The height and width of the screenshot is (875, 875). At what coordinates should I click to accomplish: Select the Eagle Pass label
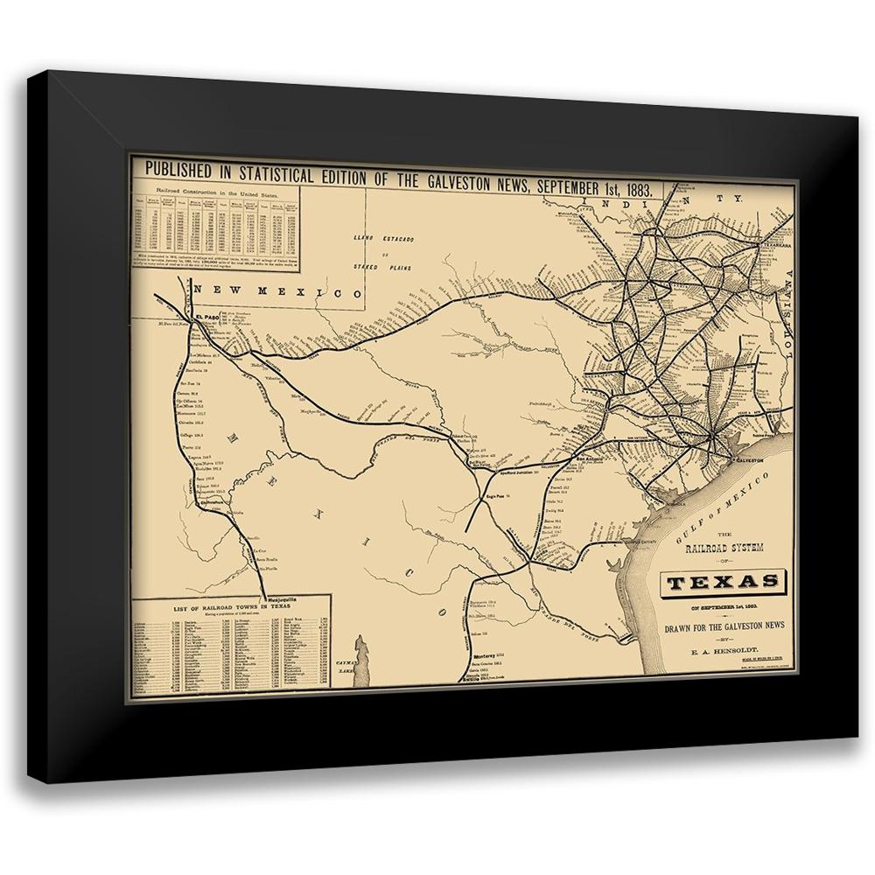(x=497, y=496)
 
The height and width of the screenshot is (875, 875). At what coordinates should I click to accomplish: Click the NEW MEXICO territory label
(x=278, y=290)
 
